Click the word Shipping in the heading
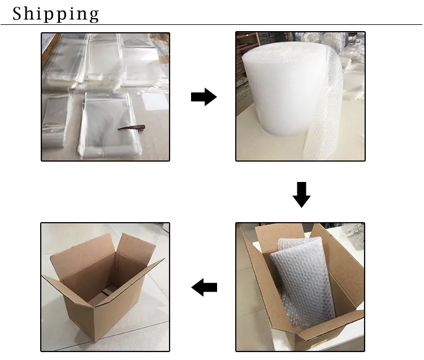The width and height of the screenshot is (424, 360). (x=56, y=14)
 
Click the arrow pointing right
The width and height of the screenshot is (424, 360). (x=204, y=97)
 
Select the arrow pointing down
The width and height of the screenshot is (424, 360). (x=301, y=194)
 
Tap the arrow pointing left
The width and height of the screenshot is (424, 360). (x=204, y=287)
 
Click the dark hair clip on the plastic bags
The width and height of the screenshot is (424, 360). (x=131, y=127)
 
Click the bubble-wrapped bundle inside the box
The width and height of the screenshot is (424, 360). (x=304, y=281)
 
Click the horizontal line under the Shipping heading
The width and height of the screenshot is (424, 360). (x=211, y=25)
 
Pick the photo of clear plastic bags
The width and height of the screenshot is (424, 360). (x=106, y=97)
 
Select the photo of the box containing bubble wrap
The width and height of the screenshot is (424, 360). (x=300, y=287)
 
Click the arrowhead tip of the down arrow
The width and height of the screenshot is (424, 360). (x=301, y=207)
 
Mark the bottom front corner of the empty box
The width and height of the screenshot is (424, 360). (x=95, y=342)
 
